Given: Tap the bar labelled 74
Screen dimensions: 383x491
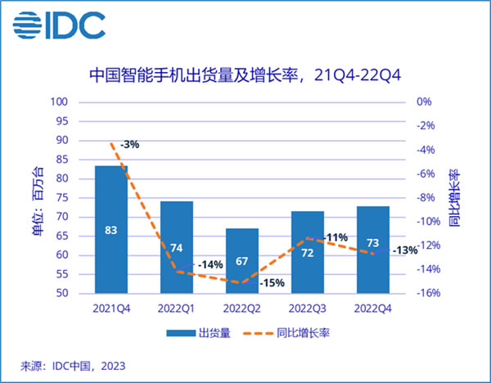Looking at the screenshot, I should tap(177, 246).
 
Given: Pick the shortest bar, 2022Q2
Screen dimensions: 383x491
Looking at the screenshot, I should tap(242, 260).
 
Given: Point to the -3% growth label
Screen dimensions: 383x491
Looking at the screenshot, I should tap(129, 144).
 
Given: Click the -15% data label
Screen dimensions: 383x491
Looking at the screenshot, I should tap(273, 283).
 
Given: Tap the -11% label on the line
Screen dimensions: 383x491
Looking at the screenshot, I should tap(336, 237).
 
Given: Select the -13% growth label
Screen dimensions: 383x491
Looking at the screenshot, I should tap(404, 250).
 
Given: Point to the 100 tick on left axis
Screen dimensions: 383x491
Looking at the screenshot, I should tap(59, 102).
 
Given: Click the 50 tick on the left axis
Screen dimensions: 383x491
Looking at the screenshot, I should tap(62, 293).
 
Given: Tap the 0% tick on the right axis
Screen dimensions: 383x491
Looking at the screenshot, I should tap(424, 102).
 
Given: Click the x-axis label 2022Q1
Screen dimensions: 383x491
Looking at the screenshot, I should tap(177, 308).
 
